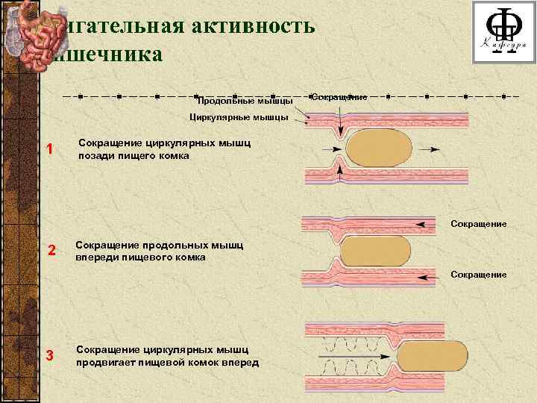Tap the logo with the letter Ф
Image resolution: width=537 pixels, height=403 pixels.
[x=502, y=31]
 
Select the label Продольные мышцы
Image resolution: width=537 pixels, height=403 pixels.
[x=243, y=101]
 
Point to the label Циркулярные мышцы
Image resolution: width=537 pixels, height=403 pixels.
[x=239, y=117]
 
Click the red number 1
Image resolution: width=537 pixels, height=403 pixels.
[x=49, y=149]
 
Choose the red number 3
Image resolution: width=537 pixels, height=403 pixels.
[x=49, y=354]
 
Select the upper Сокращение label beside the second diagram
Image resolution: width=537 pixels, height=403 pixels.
[x=478, y=223]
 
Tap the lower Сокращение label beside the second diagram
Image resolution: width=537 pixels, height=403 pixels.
[x=478, y=275]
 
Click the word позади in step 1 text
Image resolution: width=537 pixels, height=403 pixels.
[x=95, y=157]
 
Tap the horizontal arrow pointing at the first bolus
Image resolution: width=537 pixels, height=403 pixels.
[x=328, y=148]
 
